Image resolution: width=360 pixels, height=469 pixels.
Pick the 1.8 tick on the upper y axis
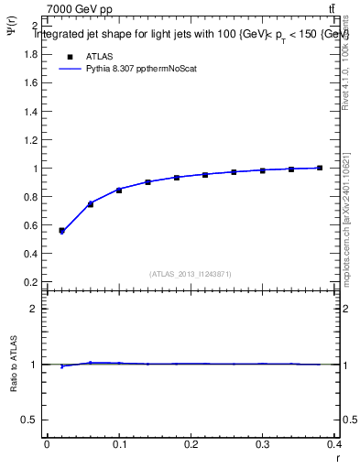click(29, 54)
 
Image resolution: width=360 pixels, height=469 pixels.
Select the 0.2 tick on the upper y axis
click(29, 282)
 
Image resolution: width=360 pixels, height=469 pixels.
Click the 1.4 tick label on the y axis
click(29, 112)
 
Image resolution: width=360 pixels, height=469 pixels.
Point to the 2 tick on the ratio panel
click(34, 309)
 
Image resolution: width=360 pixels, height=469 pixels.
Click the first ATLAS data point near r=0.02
click(61, 231)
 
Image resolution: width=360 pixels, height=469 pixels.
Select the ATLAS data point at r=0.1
click(119, 190)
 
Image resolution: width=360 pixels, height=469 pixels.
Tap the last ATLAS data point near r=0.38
click(320, 168)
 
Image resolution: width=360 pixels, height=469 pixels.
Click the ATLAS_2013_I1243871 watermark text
click(191, 274)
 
